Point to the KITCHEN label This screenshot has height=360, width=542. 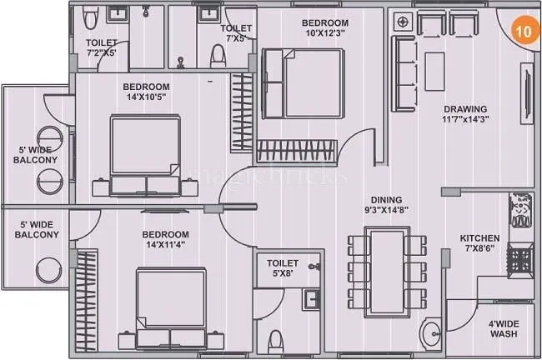(480, 238)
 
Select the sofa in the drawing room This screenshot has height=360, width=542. (404, 73)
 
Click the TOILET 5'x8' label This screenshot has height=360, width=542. (284, 269)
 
